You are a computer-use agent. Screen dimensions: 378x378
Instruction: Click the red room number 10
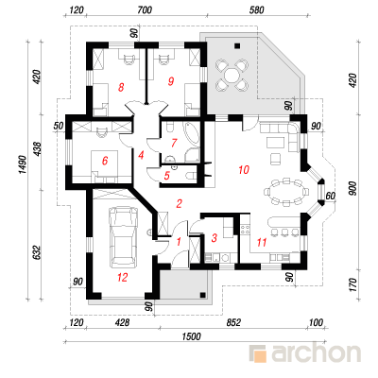point(244,170)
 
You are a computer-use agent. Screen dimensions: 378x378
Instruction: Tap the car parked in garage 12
point(123,236)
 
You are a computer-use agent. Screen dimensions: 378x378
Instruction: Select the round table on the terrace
point(232,76)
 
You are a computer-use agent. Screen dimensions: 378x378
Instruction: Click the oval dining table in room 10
point(286,193)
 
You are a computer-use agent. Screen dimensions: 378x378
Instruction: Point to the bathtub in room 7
point(192,134)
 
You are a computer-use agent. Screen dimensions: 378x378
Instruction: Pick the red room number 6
point(105,161)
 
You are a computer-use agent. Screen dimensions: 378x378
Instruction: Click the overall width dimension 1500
point(191,336)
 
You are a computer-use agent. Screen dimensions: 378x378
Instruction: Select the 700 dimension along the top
point(145,10)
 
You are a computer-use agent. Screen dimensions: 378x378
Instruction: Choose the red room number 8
point(121,87)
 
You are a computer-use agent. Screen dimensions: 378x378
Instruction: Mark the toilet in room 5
point(191,175)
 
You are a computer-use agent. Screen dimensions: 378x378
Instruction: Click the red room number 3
point(215,238)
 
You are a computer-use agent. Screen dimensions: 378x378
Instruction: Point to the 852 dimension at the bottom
point(233,322)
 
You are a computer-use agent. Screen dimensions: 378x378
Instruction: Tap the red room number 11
point(262,242)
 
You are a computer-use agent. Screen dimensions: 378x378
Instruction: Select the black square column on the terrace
point(237,45)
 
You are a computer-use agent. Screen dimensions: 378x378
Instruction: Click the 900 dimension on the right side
point(353,188)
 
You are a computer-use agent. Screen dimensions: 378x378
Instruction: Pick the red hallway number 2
point(179,204)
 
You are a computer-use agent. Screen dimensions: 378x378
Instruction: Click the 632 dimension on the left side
point(37,252)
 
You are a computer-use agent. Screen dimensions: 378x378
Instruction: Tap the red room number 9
point(171,81)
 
